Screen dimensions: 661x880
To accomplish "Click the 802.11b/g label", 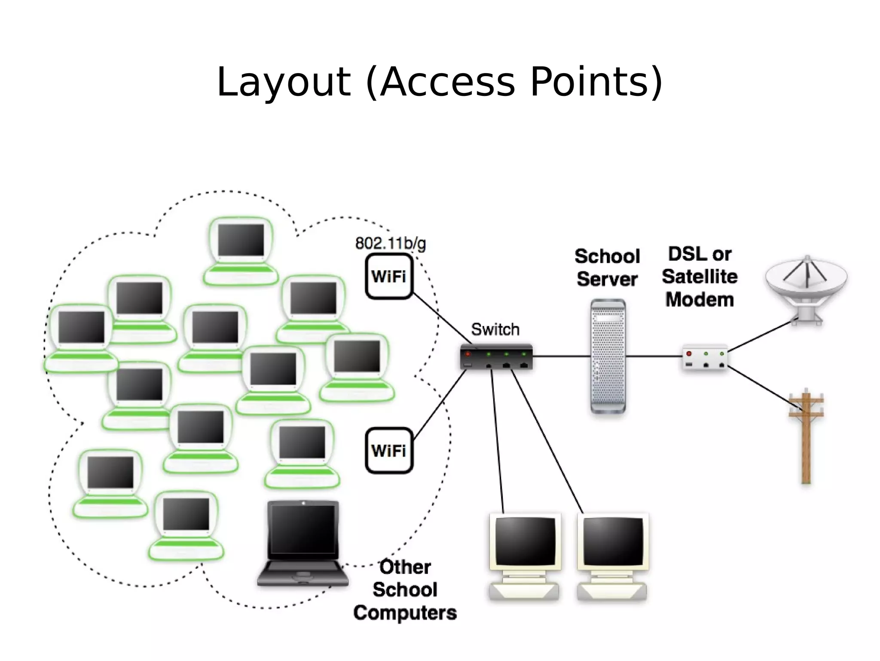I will coord(390,243).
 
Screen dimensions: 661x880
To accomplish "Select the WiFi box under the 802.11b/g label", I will coord(389,277).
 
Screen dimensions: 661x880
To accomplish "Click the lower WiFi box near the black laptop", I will coord(389,451).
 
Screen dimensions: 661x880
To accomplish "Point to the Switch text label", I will coord(495,329).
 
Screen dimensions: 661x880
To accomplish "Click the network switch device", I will coord(496,357).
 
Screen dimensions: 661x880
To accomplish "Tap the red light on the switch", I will coord(468,354).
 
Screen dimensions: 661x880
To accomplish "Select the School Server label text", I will coord(607,267).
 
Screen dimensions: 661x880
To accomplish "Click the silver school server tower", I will coord(608,356).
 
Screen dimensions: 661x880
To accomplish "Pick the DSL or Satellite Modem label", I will coord(700,277).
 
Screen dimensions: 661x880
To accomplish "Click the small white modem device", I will coord(705,358).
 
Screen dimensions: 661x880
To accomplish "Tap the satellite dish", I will coord(806,286).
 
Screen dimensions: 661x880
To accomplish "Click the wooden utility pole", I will coord(806,439).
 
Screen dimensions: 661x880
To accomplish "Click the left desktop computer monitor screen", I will coord(525,541).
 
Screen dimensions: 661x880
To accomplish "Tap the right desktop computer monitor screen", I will coord(613,541).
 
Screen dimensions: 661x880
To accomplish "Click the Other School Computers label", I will coord(405,590).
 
